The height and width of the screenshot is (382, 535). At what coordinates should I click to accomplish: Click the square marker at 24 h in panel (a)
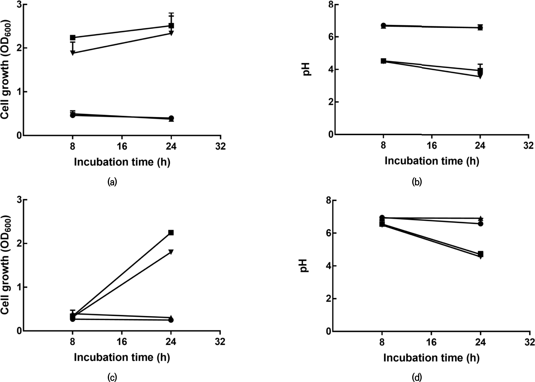point(171,26)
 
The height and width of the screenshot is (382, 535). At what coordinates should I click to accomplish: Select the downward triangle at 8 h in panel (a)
point(73,53)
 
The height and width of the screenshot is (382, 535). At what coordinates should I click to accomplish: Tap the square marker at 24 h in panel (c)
point(171,232)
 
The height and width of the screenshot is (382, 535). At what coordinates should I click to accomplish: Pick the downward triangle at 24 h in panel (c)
point(171,252)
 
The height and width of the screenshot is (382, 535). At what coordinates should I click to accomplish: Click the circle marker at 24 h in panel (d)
point(481,224)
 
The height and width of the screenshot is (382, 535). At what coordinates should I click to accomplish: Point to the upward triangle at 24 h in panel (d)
point(481,218)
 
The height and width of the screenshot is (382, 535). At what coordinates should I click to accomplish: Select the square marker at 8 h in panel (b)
point(383,61)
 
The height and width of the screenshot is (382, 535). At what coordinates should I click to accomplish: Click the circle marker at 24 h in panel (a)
point(171,118)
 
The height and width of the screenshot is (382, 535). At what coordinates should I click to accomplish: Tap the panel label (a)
point(112,182)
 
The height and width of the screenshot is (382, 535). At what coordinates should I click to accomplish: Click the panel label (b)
point(417,182)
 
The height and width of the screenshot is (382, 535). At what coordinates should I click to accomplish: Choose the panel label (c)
point(112,377)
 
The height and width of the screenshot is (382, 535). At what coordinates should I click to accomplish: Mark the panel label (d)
point(417,377)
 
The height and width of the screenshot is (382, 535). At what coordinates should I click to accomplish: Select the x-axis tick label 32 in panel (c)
point(220,342)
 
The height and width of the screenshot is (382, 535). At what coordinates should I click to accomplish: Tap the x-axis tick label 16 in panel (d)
point(431,342)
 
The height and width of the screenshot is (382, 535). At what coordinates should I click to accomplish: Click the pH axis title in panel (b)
point(307,69)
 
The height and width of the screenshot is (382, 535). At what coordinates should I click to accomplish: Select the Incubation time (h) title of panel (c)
point(122,357)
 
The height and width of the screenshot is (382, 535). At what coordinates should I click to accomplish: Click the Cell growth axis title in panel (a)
point(6,69)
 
